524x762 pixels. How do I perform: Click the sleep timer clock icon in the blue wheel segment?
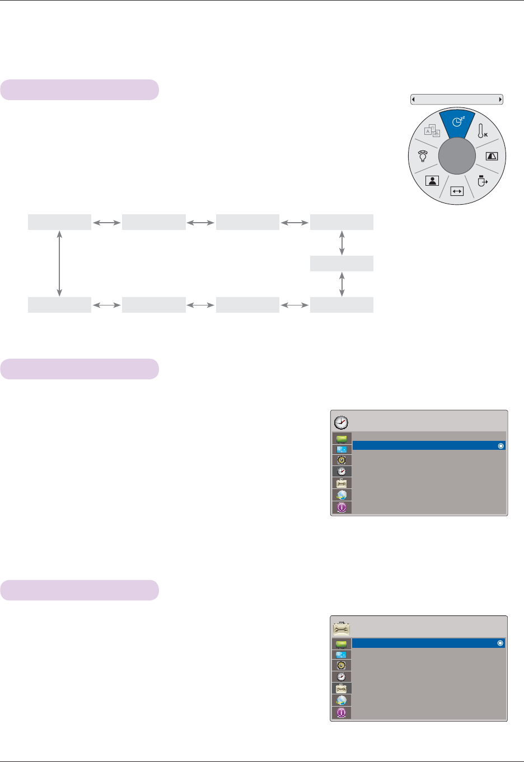pos(457,121)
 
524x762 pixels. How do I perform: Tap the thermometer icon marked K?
pos(481,131)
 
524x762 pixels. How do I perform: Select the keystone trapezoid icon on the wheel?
pos(492,157)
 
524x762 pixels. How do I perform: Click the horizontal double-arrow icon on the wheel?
pos(457,191)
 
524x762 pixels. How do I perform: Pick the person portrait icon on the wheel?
pos(432,181)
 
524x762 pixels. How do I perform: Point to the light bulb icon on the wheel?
pos(423,156)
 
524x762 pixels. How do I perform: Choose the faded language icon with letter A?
pos(432,131)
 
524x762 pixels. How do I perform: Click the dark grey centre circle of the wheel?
pos(457,157)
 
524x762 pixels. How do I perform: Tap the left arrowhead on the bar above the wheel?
pos(413,100)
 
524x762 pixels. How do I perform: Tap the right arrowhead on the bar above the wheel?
pos(500,100)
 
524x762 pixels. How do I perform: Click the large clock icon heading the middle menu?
pos(341,422)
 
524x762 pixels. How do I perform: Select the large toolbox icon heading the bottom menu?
pos(341,628)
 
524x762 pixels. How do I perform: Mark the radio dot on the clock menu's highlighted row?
pos(500,446)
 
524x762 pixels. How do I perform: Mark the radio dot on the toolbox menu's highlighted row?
pos(500,643)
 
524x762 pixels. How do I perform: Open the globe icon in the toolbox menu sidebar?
pos(341,700)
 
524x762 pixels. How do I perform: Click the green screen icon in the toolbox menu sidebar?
pos(341,644)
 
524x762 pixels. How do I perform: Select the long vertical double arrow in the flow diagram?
pos(59,263)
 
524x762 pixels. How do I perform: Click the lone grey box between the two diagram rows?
pos(341,264)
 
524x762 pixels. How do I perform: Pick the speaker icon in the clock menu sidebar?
pos(341,460)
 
